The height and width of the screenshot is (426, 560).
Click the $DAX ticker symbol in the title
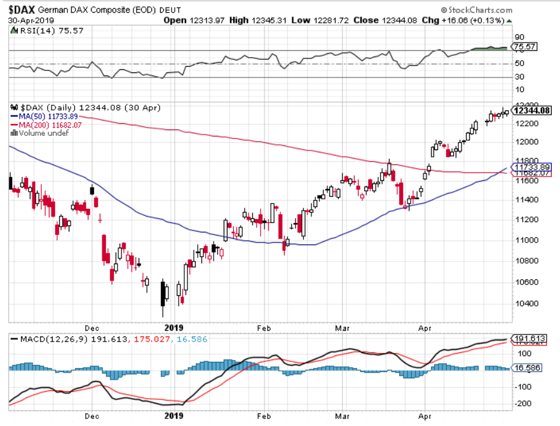tap(22, 10)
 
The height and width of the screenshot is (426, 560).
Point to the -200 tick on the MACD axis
tap(524, 404)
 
